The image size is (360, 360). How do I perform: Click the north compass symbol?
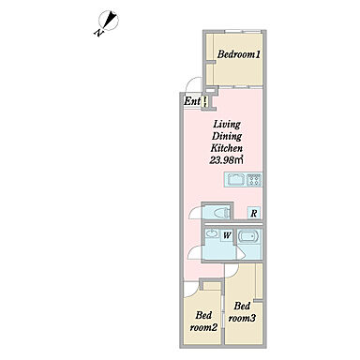coord(108,21)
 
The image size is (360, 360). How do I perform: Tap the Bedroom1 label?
coord(239,54)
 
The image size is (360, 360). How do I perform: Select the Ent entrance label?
coord(192,101)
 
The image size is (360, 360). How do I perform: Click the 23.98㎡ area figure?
coord(226,160)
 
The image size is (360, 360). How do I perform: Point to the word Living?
coord(227,125)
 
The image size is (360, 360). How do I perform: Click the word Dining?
coord(227,137)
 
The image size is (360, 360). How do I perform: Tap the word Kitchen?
coord(227,148)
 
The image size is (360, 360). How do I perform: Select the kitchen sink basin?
coord(235,180)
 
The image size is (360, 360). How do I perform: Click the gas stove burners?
coord(254,180)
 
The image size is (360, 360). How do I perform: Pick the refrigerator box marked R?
coord(254,214)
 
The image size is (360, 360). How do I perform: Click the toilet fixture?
coord(221,213)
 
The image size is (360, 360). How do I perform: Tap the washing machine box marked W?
coord(227,235)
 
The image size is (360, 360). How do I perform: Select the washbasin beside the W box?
coord(213,233)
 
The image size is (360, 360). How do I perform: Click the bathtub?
coord(249,235)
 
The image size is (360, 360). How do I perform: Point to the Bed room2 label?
coord(203,322)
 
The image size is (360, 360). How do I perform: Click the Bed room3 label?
coord(242,312)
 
